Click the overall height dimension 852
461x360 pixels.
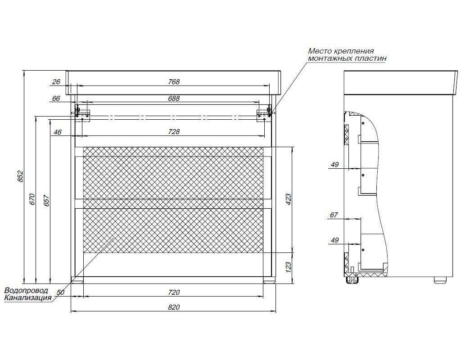click(20, 176)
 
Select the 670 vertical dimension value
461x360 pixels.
click(32, 199)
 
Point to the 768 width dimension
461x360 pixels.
click(174, 82)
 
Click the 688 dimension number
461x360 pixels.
click(174, 99)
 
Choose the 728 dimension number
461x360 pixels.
click(174, 132)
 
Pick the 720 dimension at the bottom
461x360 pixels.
click(174, 292)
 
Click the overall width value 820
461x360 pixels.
click(174, 307)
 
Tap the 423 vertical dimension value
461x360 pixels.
click(288, 199)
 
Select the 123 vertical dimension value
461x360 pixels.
click(288, 267)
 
